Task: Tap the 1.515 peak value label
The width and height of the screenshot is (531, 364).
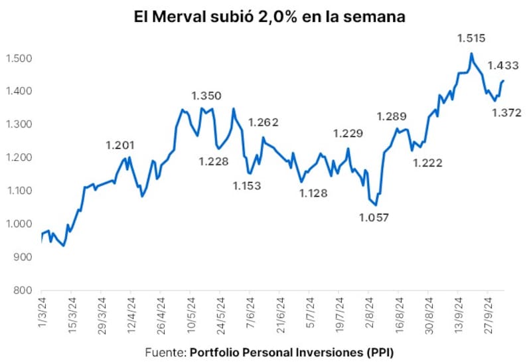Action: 471,39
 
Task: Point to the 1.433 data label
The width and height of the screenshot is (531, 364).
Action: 502,65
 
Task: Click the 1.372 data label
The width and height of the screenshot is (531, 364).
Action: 506,112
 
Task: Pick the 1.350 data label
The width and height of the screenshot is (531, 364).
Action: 206,96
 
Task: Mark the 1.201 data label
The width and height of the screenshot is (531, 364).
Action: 120,145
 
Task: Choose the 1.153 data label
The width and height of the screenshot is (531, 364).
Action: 248,185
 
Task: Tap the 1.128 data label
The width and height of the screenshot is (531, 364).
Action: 313,193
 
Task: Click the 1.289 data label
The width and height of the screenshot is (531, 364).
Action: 392,116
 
